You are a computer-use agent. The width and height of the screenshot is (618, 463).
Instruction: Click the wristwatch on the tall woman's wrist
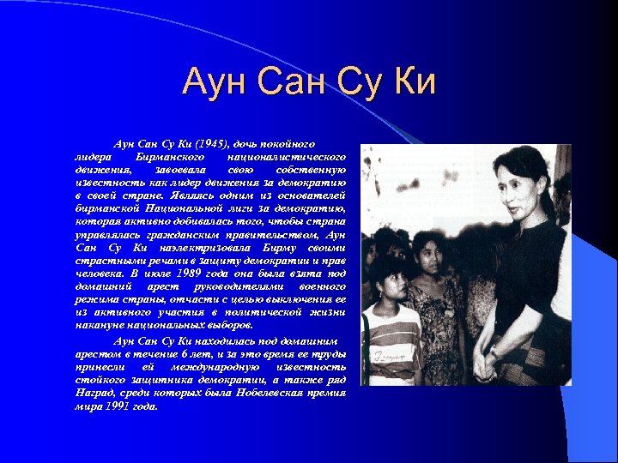click(x=494, y=351)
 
